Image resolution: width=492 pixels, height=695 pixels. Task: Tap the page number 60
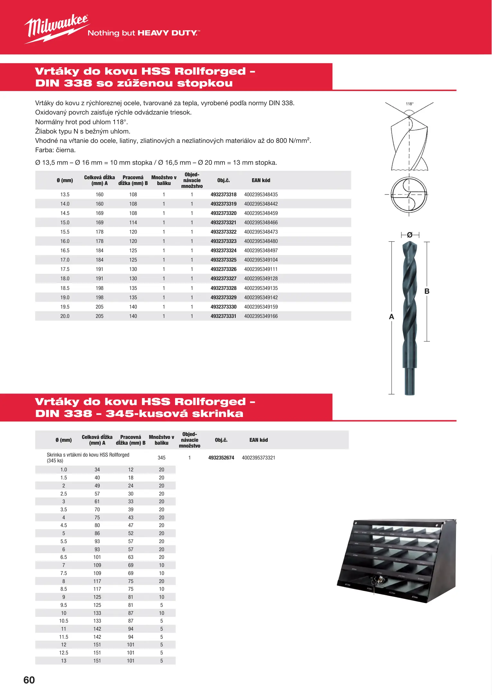29,680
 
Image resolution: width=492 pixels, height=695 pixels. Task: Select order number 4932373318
223,195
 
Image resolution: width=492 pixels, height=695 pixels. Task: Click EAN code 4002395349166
261,316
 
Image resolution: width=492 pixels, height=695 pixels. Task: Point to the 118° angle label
409,104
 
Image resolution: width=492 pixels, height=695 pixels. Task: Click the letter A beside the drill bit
391,317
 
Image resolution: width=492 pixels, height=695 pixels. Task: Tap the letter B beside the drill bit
427,292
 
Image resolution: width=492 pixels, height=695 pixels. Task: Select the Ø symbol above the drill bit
410,235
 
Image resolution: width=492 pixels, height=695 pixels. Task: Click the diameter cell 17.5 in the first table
65,269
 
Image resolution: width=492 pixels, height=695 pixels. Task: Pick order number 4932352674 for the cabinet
221,458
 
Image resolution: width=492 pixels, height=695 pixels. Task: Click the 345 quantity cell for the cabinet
162,458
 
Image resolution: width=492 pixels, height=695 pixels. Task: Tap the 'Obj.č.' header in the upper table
223,181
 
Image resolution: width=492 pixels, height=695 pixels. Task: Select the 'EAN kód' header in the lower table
258,440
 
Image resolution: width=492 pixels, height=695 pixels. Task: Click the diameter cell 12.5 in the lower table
64,653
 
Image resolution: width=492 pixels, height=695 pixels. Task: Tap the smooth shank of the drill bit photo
410,381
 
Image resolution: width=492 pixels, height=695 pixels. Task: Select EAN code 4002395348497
261,251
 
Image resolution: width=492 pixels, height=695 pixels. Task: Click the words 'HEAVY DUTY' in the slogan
167,33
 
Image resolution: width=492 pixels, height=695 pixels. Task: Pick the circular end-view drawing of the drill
409,194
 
